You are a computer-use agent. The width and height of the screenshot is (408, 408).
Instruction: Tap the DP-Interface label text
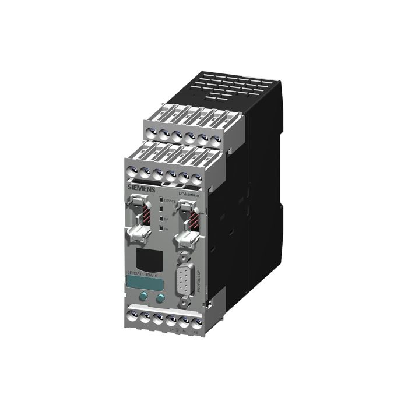pyautogui.click(x=188, y=195)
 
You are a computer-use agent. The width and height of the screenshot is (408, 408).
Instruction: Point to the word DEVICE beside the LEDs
pyautogui.click(x=170, y=201)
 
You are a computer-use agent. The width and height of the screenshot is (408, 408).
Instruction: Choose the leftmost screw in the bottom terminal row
pyautogui.click(x=131, y=315)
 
